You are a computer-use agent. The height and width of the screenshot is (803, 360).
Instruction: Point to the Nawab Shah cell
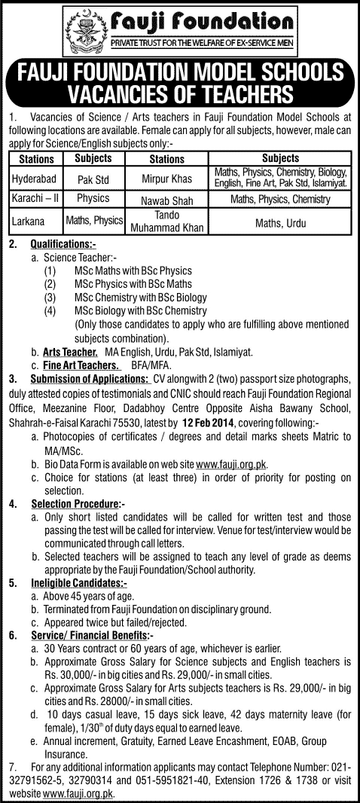pyautogui.click(x=166, y=200)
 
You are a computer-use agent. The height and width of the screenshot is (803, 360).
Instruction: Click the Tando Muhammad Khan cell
pyautogui.click(x=166, y=221)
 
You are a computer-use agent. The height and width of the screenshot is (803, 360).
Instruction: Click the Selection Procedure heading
pyautogui.click(x=75, y=502)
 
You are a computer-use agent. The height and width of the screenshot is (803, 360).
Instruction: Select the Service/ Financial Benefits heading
pyautogui.click(x=91, y=635)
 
